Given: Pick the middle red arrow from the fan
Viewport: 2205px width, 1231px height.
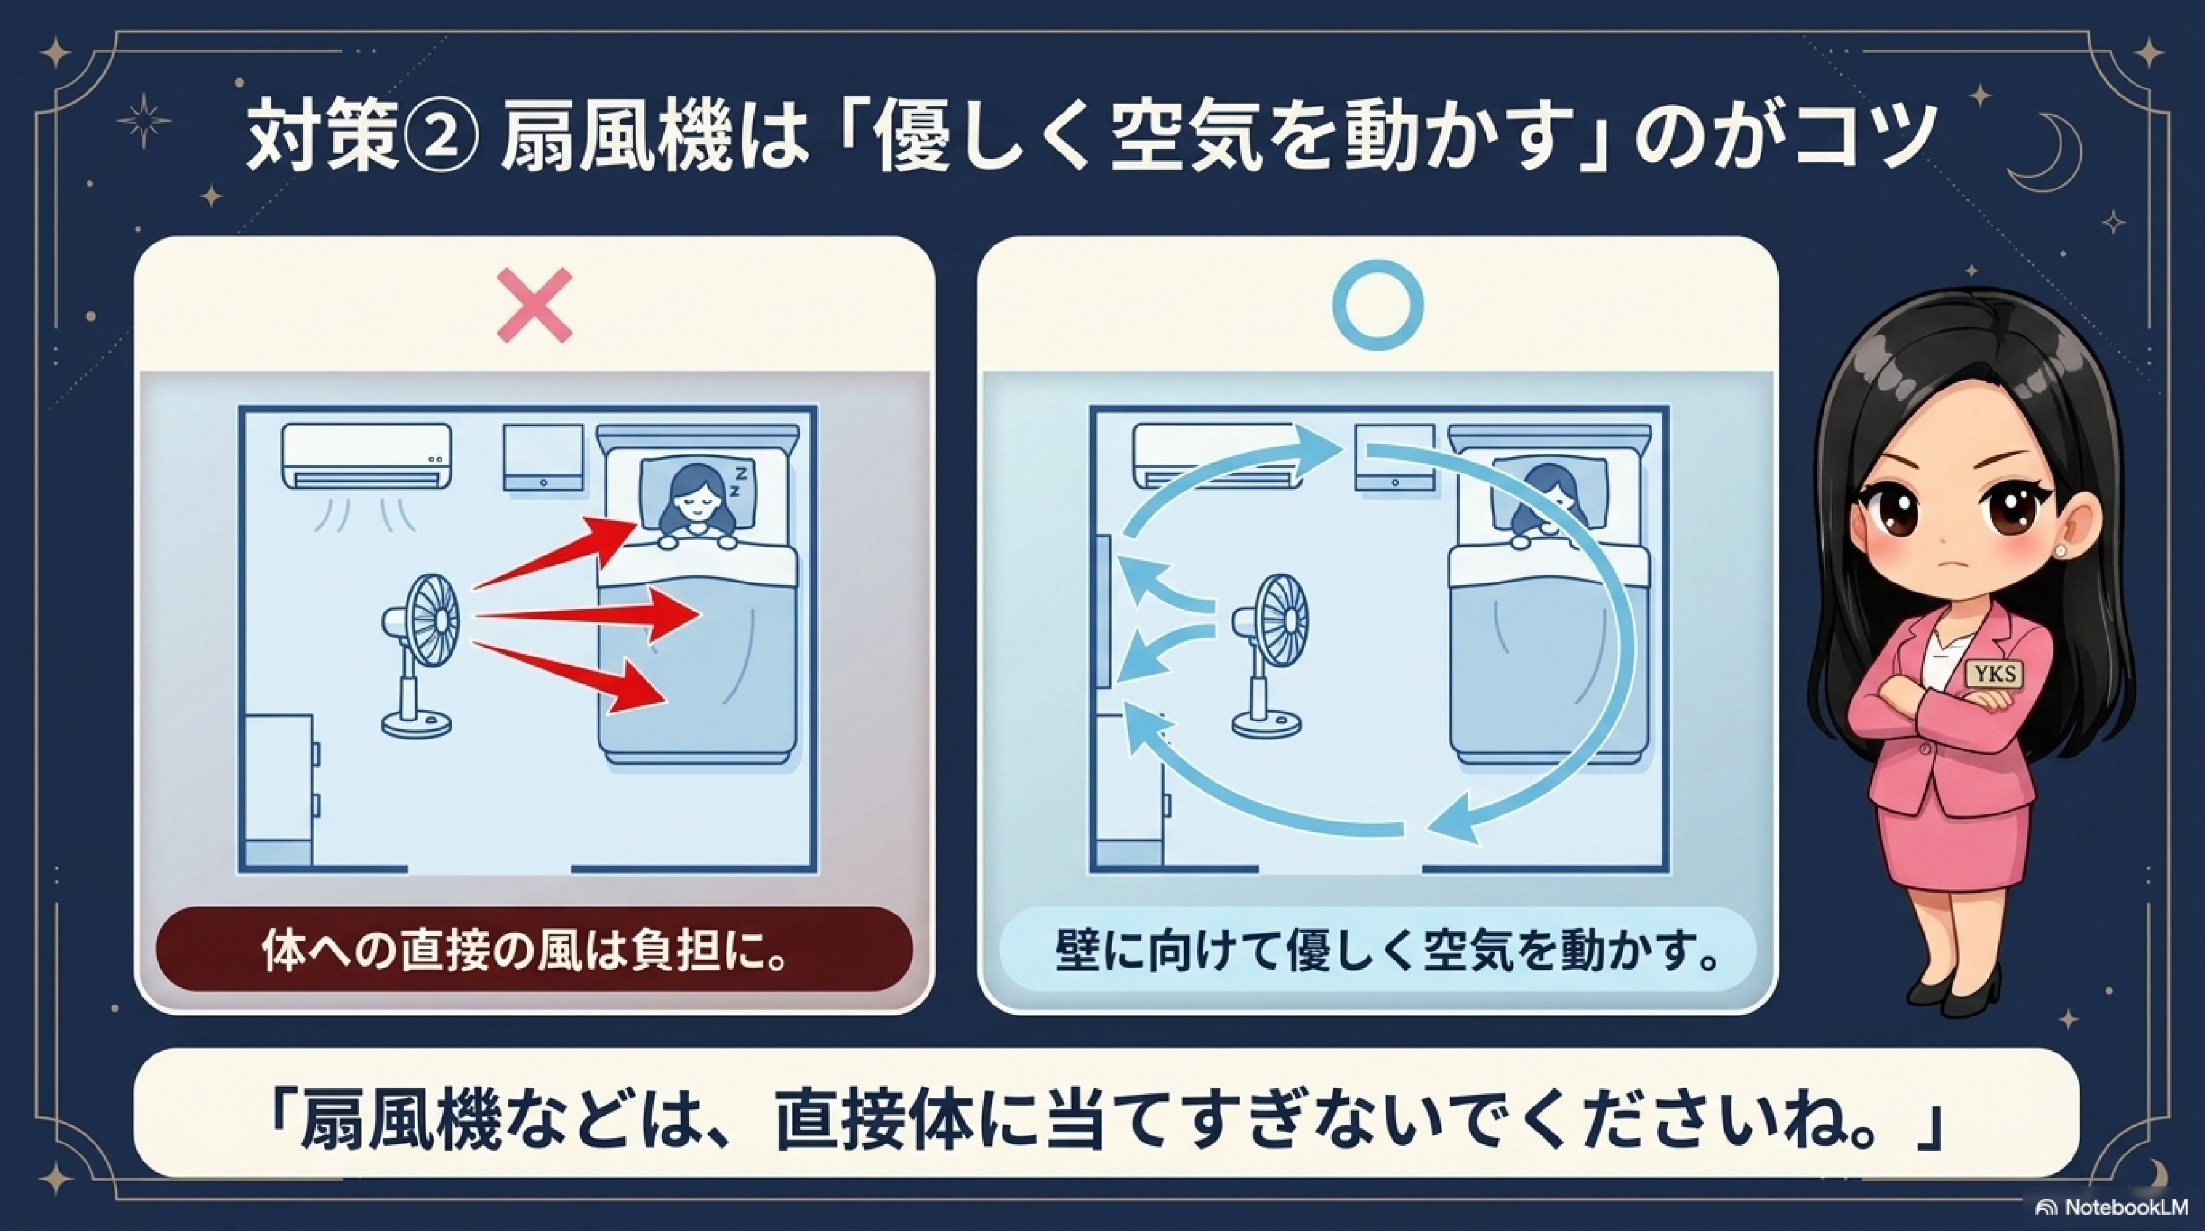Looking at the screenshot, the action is tap(587, 615).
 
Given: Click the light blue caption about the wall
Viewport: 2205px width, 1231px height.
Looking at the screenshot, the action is tap(1378, 949).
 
